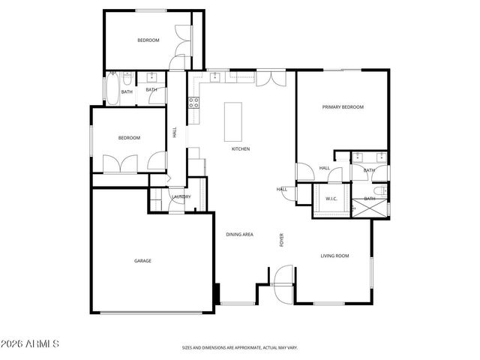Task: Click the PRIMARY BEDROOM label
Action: pyautogui.click(x=343, y=107)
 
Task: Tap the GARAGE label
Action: pyautogui.click(x=142, y=261)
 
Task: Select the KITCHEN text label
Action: pyautogui.click(x=240, y=149)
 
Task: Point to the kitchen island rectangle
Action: pyautogui.click(x=234, y=121)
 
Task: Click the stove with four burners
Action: pyautogui.click(x=193, y=100)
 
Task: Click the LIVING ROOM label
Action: pyautogui.click(x=335, y=256)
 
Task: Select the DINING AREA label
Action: pyautogui.click(x=239, y=235)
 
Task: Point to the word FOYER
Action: pyautogui.click(x=282, y=240)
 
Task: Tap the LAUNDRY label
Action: pyautogui.click(x=181, y=197)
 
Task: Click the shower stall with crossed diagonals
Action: pyautogui.click(x=370, y=206)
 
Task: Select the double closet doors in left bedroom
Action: pyautogui.click(x=120, y=163)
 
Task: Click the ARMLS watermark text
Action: pyautogui.click(x=31, y=344)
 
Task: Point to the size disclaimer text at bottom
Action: pyautogui.click(x=239, y=347)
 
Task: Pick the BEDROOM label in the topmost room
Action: pyautogui.click(x=148, y=40)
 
